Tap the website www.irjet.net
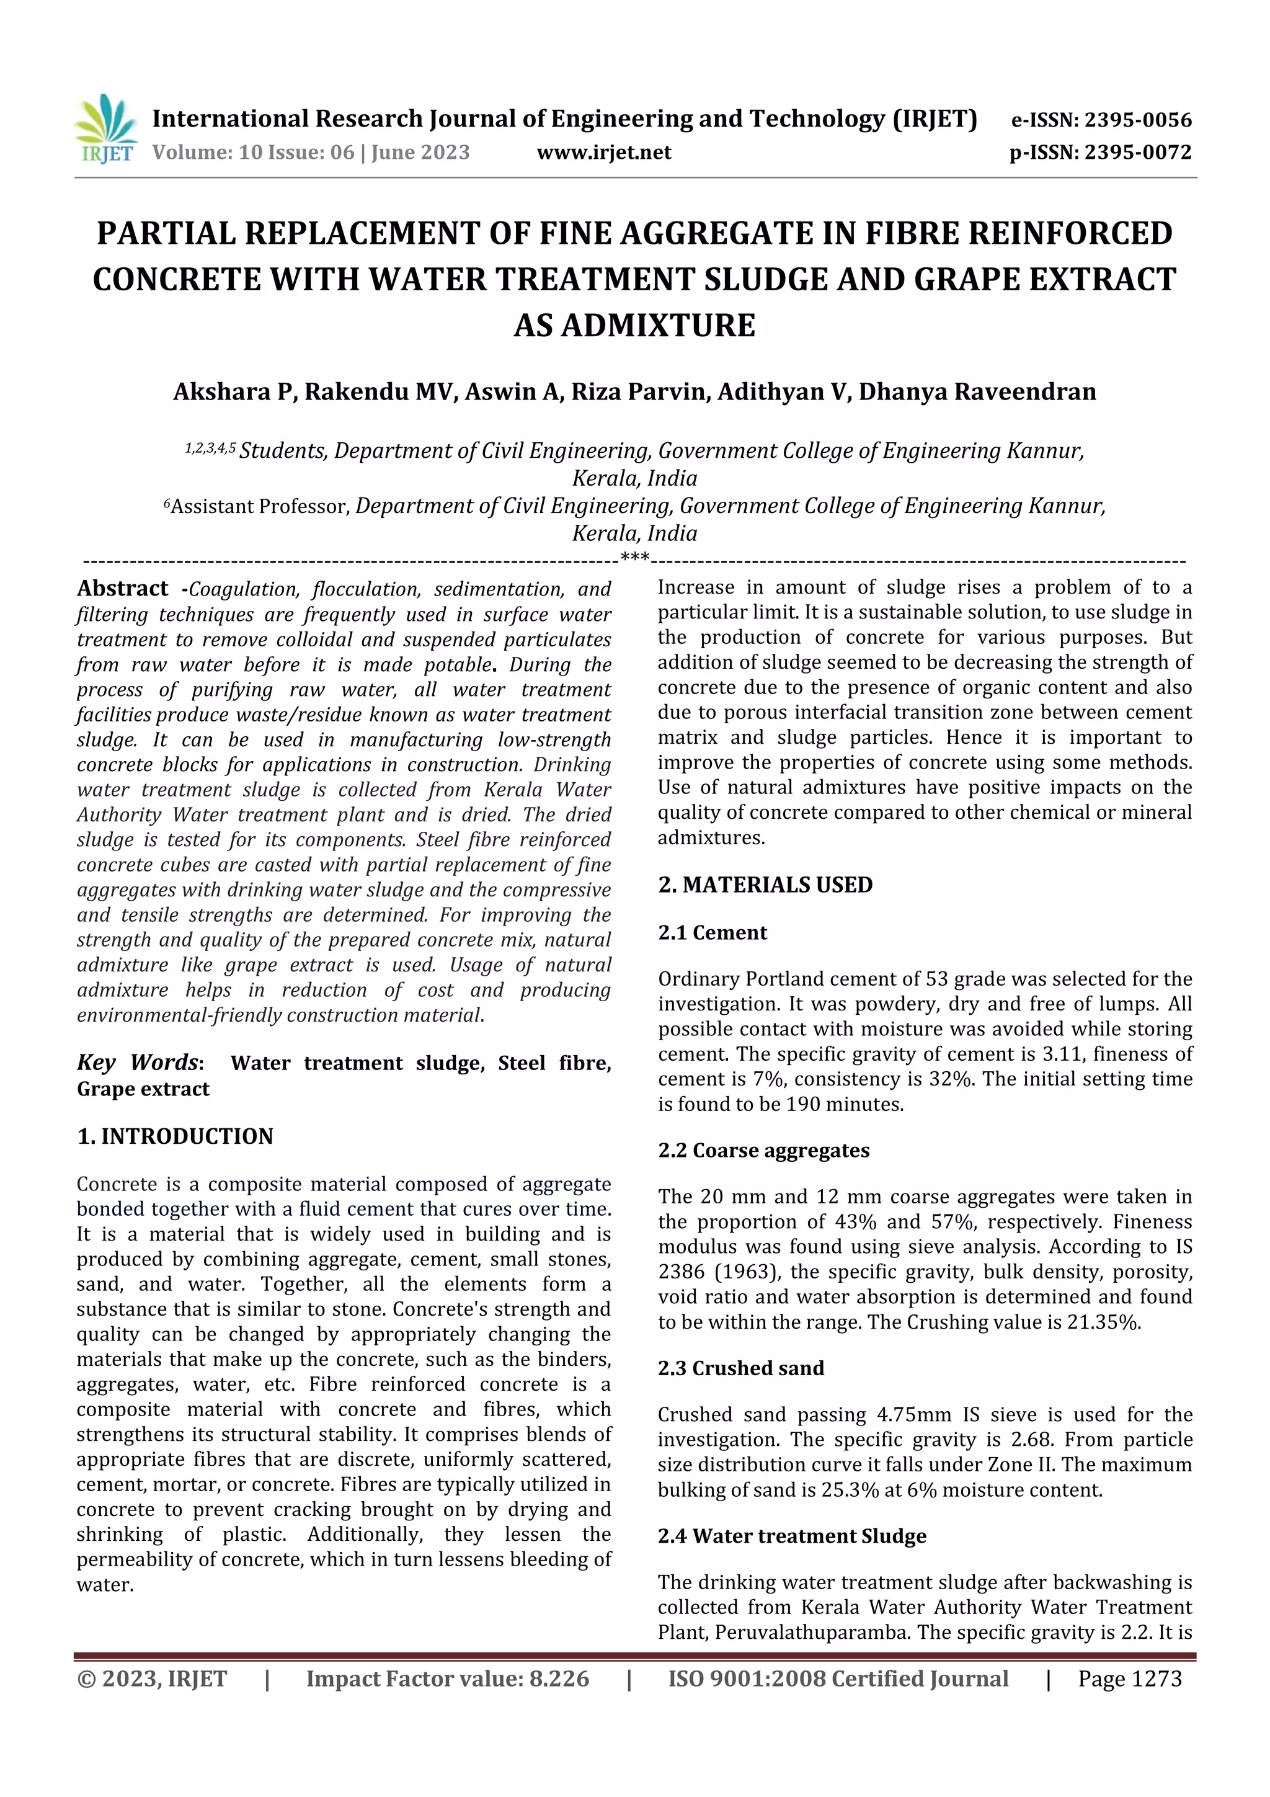(x=603, y=153)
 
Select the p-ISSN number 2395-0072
(x=1137, y=153)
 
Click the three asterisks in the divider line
(x=634, y=558)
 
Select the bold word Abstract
(x=122, y=589)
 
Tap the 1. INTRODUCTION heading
(x=175, y=1136)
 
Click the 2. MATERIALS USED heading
(x=765, y=885)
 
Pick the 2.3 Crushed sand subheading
(x=740, y=1368)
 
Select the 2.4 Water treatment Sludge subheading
(x=791, y=1536)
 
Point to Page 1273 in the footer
(x=1129, y=1679)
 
